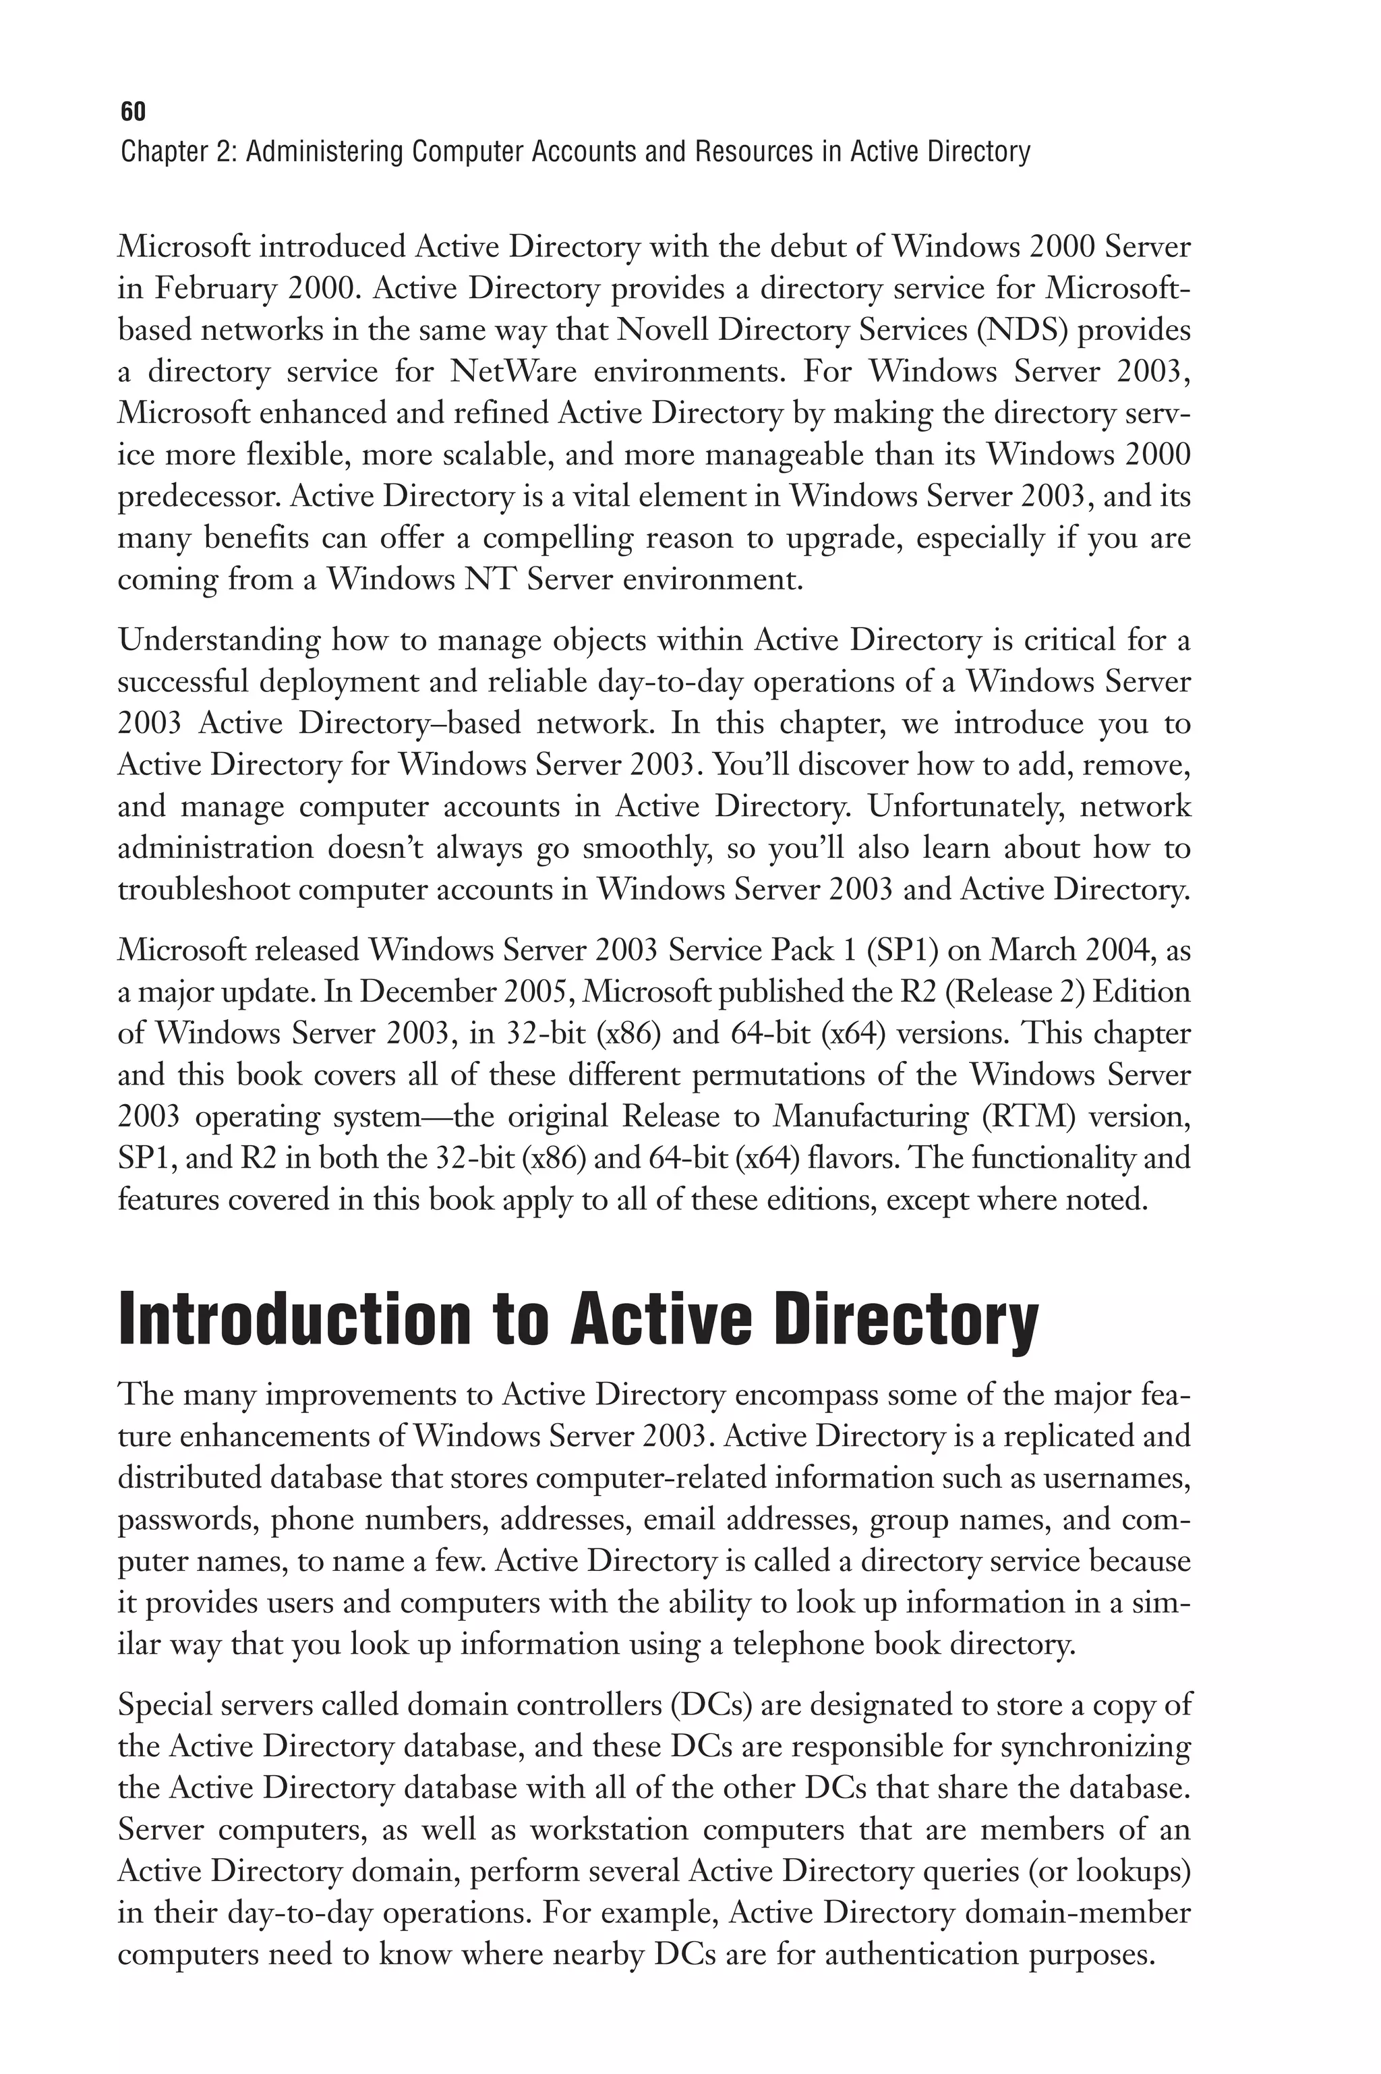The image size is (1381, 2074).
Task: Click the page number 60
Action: [x=133, y=112]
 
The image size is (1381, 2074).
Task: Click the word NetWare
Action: [x=512, y=372]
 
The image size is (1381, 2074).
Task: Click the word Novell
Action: [x=662, y=330]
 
